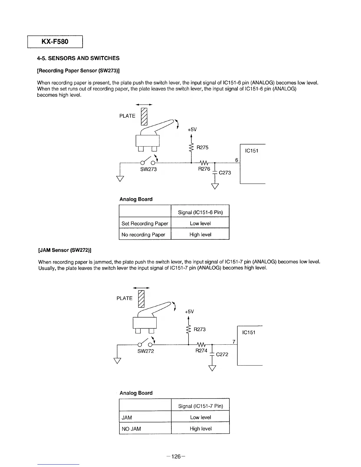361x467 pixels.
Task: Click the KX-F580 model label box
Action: coord(55,42)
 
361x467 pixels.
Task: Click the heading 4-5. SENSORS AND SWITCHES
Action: coord(78,58)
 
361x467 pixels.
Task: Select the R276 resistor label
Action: coord(204,169)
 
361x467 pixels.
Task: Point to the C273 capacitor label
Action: coord(225,172)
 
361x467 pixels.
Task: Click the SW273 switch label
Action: coord(149,169)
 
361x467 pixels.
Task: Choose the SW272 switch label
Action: coord(146,351)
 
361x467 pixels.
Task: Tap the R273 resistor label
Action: coord(200,329)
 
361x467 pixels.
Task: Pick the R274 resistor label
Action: coord(201,351)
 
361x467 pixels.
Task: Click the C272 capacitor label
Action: coord(222,354)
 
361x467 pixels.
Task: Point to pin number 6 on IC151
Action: coord(237,160)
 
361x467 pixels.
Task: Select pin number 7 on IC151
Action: coord(234,342)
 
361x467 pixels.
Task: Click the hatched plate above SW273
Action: coord(144,116)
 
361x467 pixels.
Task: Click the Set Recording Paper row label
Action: coord(145,223)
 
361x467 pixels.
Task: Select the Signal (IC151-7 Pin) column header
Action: coord(201,406)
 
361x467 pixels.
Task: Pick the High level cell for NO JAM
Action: coord(201,428)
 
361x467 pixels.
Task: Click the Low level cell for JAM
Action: coord(201,417)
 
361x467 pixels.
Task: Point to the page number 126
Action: coord(176,456)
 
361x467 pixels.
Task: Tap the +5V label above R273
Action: coord(189,312)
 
